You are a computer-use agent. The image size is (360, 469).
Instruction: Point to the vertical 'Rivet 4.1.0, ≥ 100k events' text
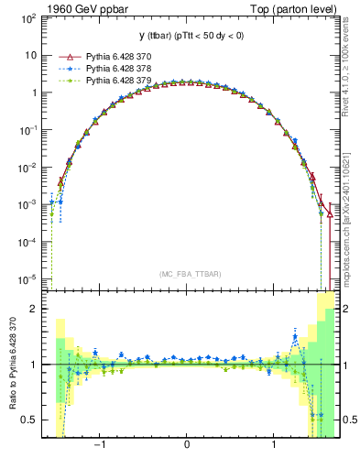pyautogui.click(x=352, y=73)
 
